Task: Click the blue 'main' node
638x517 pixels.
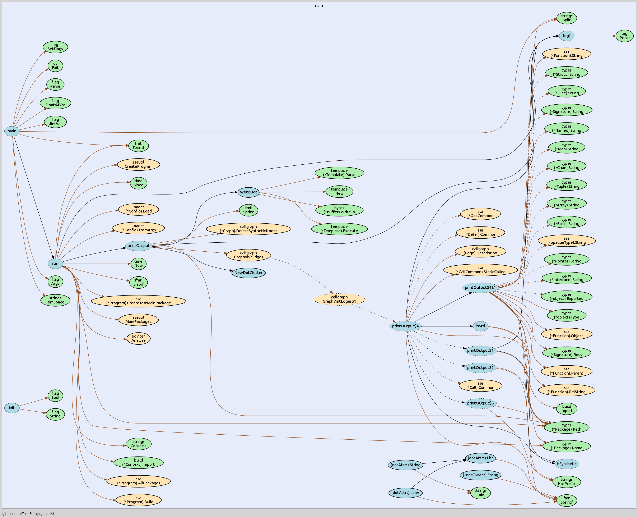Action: click(12, 131)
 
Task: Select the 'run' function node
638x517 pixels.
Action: click(55, 264)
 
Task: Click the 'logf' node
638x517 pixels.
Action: click(566, 36)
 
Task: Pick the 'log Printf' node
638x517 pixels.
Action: click(624, 36)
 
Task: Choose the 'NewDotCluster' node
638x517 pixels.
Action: click(248, 273)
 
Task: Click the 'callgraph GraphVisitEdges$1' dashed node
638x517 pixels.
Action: click(339, 299)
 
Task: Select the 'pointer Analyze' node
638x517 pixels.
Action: click(138, 339)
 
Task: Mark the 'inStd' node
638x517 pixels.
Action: click(480, 326)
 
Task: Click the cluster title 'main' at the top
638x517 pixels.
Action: click(319, 6)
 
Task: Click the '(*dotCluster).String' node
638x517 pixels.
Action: click(480, 475)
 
